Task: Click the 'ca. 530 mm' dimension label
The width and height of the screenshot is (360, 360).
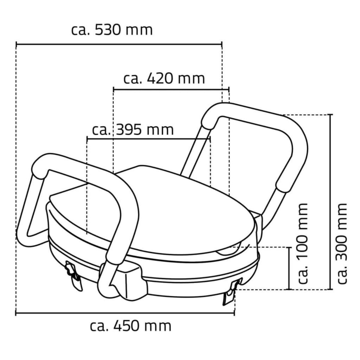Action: coord(112,30)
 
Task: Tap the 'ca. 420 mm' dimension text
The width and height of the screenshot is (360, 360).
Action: coord(164,79)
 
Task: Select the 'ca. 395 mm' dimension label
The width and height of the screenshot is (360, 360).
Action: coord(133,130)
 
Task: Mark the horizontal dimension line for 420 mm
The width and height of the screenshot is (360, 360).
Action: coord(171,89)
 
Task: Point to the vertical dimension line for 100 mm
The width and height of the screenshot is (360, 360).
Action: coord(289,268)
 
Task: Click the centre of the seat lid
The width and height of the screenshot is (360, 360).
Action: coord(168,210)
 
